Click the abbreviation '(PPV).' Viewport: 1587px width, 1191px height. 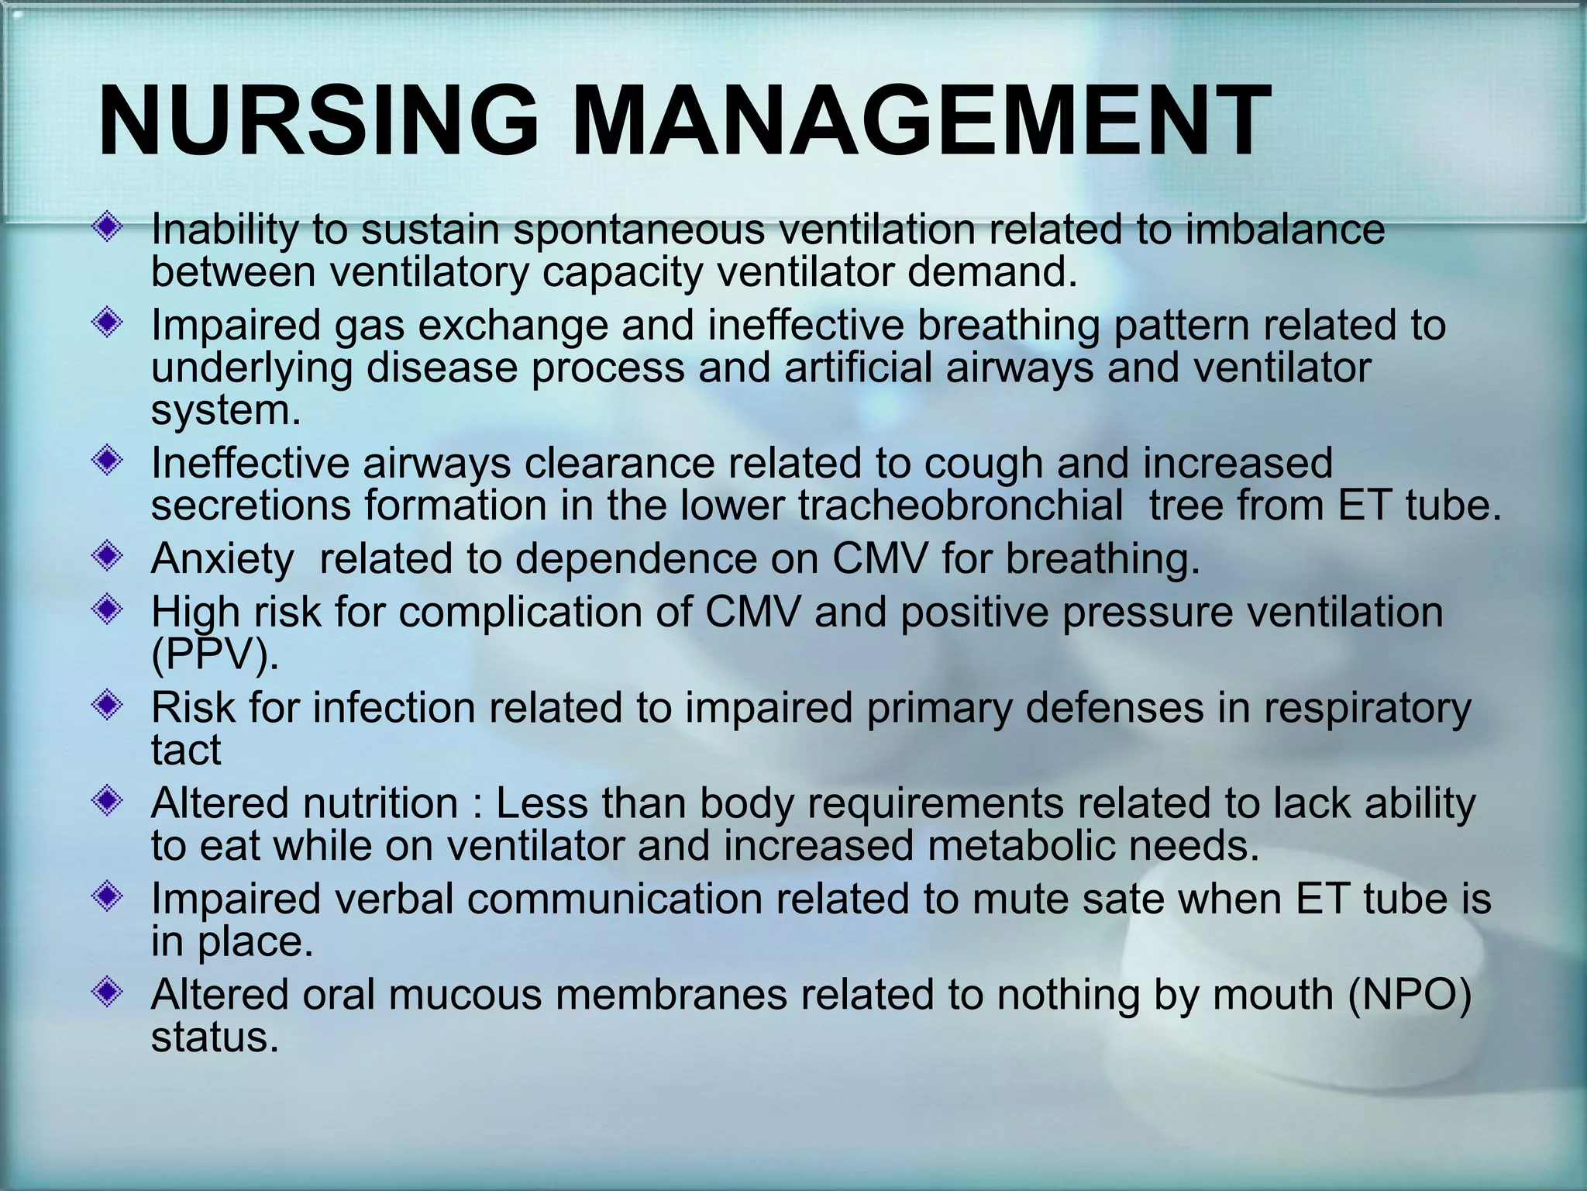(215, 656)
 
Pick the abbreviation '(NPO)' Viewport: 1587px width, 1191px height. (1409, 995)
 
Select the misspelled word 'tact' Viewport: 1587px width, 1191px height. (185, 750)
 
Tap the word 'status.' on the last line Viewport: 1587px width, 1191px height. (215, 1037)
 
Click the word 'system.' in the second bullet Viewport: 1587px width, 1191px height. (225, 410)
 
